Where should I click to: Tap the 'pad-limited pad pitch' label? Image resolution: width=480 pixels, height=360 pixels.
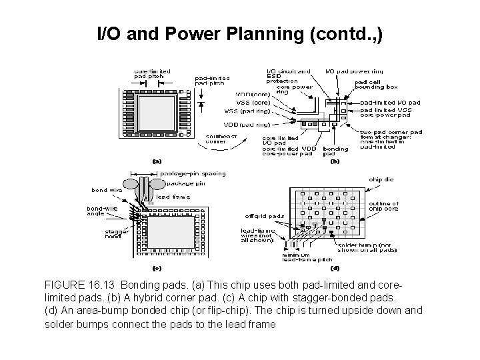click(209, 81)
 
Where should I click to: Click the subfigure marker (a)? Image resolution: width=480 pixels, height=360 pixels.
click(157, 161)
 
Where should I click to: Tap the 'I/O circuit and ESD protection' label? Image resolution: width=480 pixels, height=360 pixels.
click(287, 75)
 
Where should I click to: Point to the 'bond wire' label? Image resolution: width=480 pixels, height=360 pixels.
click(107, 190)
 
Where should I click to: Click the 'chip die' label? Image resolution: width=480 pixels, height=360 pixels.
click(381, 179)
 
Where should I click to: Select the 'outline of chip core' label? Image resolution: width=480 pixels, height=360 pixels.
click(384, 207)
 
